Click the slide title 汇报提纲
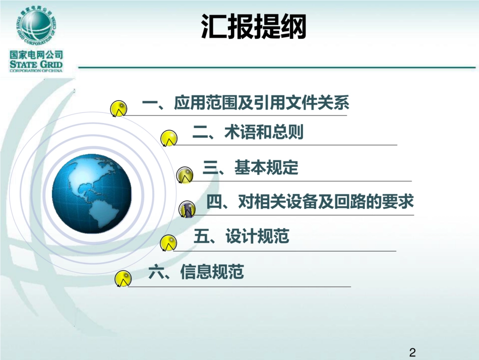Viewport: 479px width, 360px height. click(254, 26)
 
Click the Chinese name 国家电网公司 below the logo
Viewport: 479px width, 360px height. click(36, 54)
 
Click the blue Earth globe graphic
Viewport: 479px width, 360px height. click(91, 194)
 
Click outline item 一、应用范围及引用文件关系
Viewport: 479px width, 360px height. click(246, 104)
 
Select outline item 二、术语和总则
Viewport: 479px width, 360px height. click(248, 133)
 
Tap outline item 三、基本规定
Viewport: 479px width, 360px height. click(251, 168)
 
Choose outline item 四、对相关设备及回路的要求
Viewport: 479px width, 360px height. click(310, 202)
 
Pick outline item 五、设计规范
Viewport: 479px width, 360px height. click(241, 236)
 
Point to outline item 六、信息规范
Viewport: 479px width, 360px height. click(197, 273)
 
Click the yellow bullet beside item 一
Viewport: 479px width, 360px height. click(118, 108)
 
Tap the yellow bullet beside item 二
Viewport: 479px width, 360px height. click(168, 138)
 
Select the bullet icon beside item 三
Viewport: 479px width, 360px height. click(185, 175)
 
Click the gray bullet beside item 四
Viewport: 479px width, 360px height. click(187, 209)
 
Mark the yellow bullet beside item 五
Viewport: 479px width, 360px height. click(168, 244)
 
